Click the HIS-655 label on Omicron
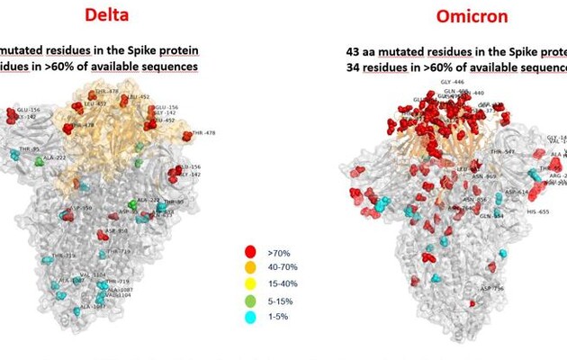pyautogui.click(x=538, y=212)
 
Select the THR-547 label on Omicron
pyautogui.click(x=503, y=152)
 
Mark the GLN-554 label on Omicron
pyautogui.click(x=491, y=216)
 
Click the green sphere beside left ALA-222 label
pyautogui.click(x=39, y=162)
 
